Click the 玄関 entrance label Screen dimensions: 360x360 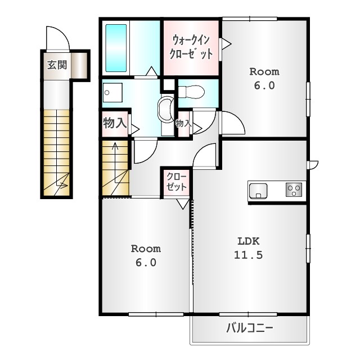[x=57, y=65]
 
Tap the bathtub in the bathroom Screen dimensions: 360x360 [x=116, y=48]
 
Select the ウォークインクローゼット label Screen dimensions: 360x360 [x=191, y=47]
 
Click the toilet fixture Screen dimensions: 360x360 [x=191, y=92]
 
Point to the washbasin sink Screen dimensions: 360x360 [x=165, y=109]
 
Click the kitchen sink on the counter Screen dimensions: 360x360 [x=258, y=190]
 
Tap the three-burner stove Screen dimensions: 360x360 [x=294, y=190]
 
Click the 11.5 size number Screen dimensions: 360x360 [x=248, y=255]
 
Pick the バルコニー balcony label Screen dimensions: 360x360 [x=250, y=328]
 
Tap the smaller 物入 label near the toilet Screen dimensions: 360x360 [x=183, y=124]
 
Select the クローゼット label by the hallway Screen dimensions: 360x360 [x=176, y=182]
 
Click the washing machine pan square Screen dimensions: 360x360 [x=112, y=92]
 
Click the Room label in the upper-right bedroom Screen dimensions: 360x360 [x=264, y=72]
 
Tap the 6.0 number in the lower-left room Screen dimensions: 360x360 [x=146, y=263]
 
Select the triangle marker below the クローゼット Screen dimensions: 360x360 [x=183, y=204]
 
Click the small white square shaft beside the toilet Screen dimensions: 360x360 [x=169, y=84]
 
